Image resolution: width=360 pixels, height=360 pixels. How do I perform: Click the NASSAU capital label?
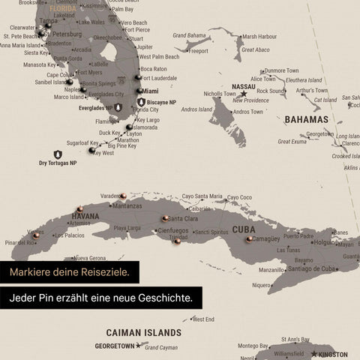pyautogui.click(x=244, y=86)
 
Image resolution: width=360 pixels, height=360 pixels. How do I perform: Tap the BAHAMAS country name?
pyautogui.click(x=306, y=119)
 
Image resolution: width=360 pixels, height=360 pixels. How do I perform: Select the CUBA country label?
pyautogui.click(x=243, y=229)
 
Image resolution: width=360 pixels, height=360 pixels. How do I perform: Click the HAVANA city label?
pyautogui.click(x=85, y=216)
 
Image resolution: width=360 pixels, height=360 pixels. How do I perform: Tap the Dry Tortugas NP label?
pyautogui.click(x=58, y=163)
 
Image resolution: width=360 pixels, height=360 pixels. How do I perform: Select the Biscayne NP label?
pyautogui.click(x=162, y=101)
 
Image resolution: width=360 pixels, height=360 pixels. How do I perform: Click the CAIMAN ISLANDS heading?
pyautogui.click(x=143, y=332)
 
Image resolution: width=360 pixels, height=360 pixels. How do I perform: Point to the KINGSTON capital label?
pyautogui.click(x=332, y=354)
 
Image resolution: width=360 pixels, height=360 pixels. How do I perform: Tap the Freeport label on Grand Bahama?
pyautogui.click(x=198, y=51)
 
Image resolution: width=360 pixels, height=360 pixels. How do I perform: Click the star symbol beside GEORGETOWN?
pyautogui.click(x=139, y=346)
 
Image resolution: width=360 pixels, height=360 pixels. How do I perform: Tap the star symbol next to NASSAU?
pyautogui.click(x=243, y=94)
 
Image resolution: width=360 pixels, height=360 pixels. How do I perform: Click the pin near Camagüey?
pyautogui.click(x=249, y=240)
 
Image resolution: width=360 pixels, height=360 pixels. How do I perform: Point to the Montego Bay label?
pyautogui.click(x=253, y=346)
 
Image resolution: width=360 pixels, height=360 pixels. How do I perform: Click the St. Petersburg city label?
pyautogui.click(x=62, y=34)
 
